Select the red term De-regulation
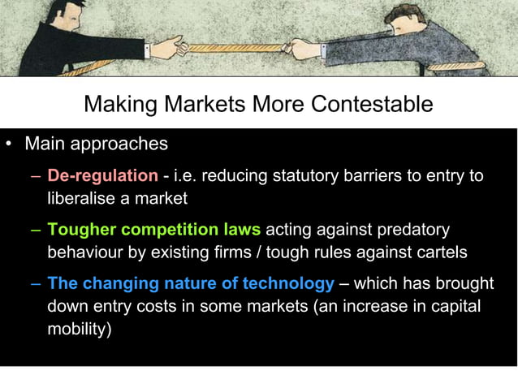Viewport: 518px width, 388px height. [102, 175]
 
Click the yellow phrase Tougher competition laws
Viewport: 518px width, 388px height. [153, 231]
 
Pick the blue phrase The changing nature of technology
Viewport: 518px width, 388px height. [191, 285]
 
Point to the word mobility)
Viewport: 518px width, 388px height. [80, 330]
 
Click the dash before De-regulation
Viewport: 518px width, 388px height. [37, 176]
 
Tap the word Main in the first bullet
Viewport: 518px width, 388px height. [46, 144]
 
